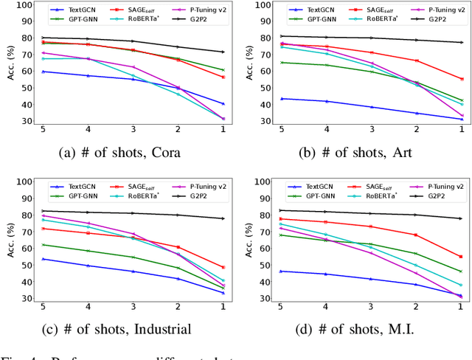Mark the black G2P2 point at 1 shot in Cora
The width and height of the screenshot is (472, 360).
click(x=223, y=52)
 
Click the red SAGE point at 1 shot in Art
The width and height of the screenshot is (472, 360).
click(x=461, y=79)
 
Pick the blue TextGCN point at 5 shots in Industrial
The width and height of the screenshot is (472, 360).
click(x=42, y=259)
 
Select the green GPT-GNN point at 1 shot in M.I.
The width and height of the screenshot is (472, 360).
click(x=461, y=271)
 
